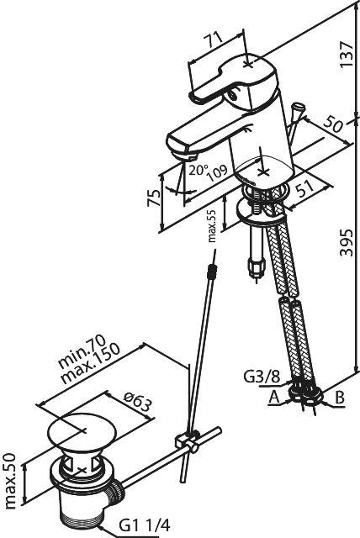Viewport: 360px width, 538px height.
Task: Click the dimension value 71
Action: (x=215, y=40)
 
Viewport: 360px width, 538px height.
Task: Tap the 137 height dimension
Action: (x=346, y=55)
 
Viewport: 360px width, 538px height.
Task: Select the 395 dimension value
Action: (x=346, y=242)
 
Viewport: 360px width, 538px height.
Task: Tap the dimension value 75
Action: (x=153, y=197)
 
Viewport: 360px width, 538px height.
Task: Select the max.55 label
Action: (x=212, y=226)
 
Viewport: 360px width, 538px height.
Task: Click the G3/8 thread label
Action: (x=262, y=377)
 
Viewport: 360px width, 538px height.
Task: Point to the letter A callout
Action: (x=274, y=398)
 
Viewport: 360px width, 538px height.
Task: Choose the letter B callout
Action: (x=339, y=398)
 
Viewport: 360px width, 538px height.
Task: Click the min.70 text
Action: (x=82, y=351)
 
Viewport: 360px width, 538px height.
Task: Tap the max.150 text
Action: (x=91, y=364)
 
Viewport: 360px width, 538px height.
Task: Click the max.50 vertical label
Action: (x=10, y=481)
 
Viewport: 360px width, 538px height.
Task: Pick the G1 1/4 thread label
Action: (x=144, y=525)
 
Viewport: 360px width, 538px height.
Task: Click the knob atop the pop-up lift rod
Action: (x=296, y=108)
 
